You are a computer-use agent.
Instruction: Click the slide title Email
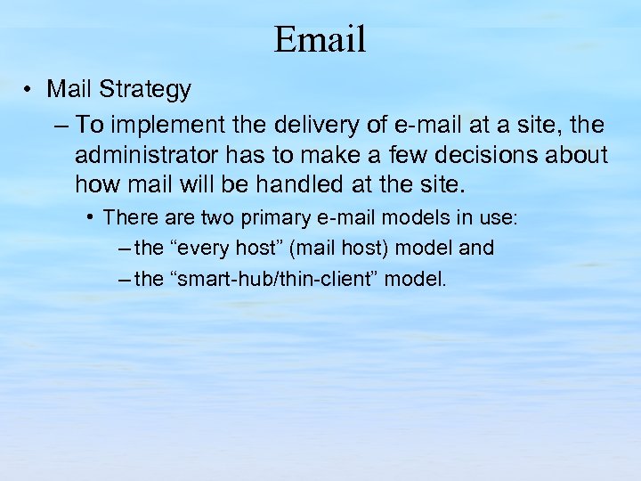[x=320, y=39]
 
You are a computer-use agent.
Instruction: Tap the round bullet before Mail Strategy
[x=30, y=90]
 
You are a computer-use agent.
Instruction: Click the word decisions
[x=489, y=155]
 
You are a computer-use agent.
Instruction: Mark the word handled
[x=319, y=186]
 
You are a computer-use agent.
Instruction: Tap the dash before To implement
[x=60, y=123]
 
